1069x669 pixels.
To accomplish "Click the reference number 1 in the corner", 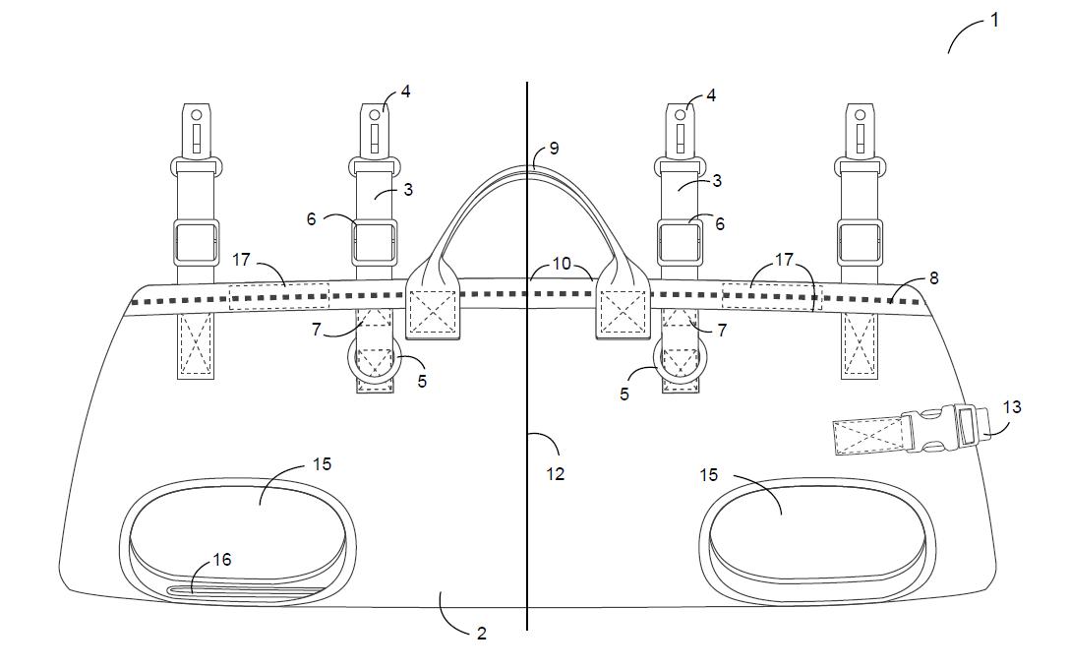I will tap(994, 19).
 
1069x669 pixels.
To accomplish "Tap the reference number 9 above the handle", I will tap(554, 148).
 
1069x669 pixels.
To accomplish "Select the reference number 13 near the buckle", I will tap(1012, 406).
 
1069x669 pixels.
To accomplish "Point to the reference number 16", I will tap(222, 560).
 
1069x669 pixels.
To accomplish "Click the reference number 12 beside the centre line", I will tap(556, 473).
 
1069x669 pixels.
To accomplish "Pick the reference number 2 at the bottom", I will tap(481, 634).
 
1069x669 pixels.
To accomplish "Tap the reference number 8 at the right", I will tap(933, 278).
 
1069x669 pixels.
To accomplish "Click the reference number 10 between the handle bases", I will tap(561, 264).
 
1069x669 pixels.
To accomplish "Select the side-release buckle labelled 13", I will tap(944, 430).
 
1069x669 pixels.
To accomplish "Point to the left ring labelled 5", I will tap(374, 362).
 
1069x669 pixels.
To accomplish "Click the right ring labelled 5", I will tap(678, 362).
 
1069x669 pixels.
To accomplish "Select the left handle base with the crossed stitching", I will tap(434, 310).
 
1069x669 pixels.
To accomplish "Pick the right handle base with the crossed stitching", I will tap(623, 310).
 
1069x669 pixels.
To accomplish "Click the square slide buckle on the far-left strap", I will tap(196, 242).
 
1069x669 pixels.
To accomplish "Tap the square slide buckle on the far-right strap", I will tap(860, 242).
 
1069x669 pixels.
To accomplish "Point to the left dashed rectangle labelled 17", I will tap(278, 296).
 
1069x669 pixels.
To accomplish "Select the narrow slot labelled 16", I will tap(246, 591).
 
